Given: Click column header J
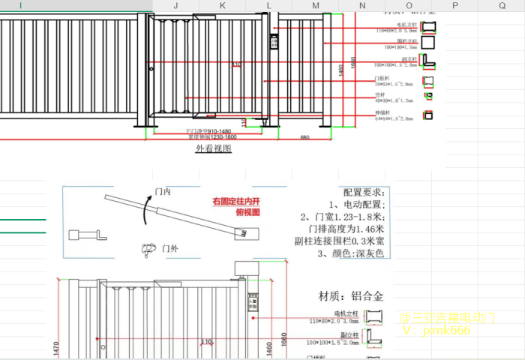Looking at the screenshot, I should pyautogui.click(x=175, y=5).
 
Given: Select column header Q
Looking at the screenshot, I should pyautogui.click(x=502, y=5).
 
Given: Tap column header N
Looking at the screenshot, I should pyautogui.click(x=362, y=5).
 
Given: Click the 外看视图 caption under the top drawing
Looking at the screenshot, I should pyautogui.click(x=214, y=148).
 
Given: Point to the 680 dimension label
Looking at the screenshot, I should pyautogui.click(x=304, y=137).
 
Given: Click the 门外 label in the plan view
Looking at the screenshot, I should pyautogui.click(x=170, y=247).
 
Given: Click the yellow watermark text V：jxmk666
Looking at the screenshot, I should pyautogui.click(x=437, y=330).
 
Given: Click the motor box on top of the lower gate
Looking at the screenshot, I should pyautogui.click(x=242, y=267).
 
